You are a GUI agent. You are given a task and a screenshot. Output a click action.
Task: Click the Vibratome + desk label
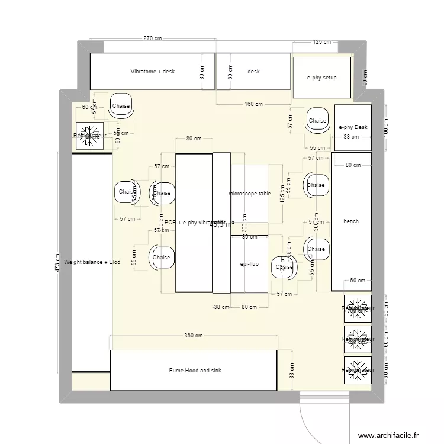153,72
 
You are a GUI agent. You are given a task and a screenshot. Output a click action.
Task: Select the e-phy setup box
321,78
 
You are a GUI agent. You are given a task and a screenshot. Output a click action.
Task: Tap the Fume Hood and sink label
195,371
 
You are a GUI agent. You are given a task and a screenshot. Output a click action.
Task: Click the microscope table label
249,194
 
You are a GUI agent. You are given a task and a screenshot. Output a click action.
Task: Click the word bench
350,221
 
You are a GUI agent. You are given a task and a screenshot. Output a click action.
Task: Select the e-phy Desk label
353,127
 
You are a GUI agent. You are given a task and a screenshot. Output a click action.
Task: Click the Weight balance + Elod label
92,262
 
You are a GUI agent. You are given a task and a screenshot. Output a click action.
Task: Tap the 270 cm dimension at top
153,38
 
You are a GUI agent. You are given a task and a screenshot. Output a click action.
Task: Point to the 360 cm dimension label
193,336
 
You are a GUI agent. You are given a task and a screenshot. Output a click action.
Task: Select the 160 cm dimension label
253,105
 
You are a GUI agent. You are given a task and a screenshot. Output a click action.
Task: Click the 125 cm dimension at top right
321,43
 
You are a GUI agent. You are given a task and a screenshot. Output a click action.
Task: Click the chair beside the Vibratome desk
121,106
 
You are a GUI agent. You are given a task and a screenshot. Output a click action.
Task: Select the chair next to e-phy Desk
317,120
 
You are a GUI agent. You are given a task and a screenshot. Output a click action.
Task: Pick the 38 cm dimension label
221,307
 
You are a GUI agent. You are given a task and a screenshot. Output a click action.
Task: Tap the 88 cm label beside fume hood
291,371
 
